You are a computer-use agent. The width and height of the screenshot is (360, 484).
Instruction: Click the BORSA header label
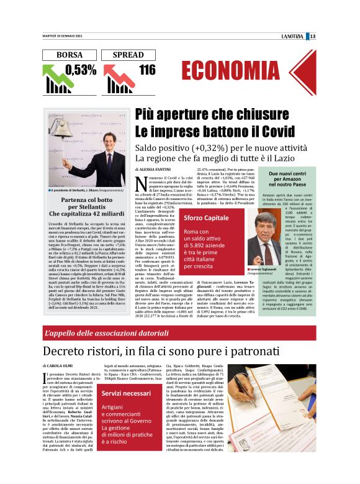pos(69,55)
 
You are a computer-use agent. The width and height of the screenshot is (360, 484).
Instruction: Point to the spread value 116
pos(147,70)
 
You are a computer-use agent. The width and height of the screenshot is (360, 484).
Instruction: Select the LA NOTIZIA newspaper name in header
pos(295,35)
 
